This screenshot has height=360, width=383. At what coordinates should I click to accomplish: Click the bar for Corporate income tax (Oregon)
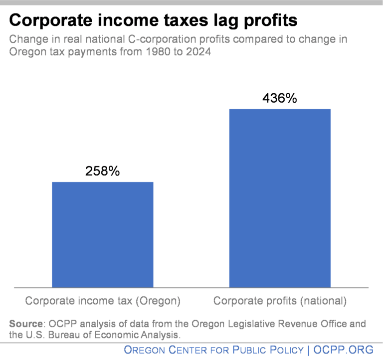(103, 234)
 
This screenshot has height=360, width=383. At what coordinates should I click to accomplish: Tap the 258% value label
(103, 172)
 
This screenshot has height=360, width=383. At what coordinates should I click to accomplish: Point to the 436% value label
(280, 98)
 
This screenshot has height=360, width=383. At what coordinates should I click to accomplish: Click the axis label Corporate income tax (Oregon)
(103, 301)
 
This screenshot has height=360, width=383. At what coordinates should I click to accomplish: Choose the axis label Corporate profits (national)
(280, 301)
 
